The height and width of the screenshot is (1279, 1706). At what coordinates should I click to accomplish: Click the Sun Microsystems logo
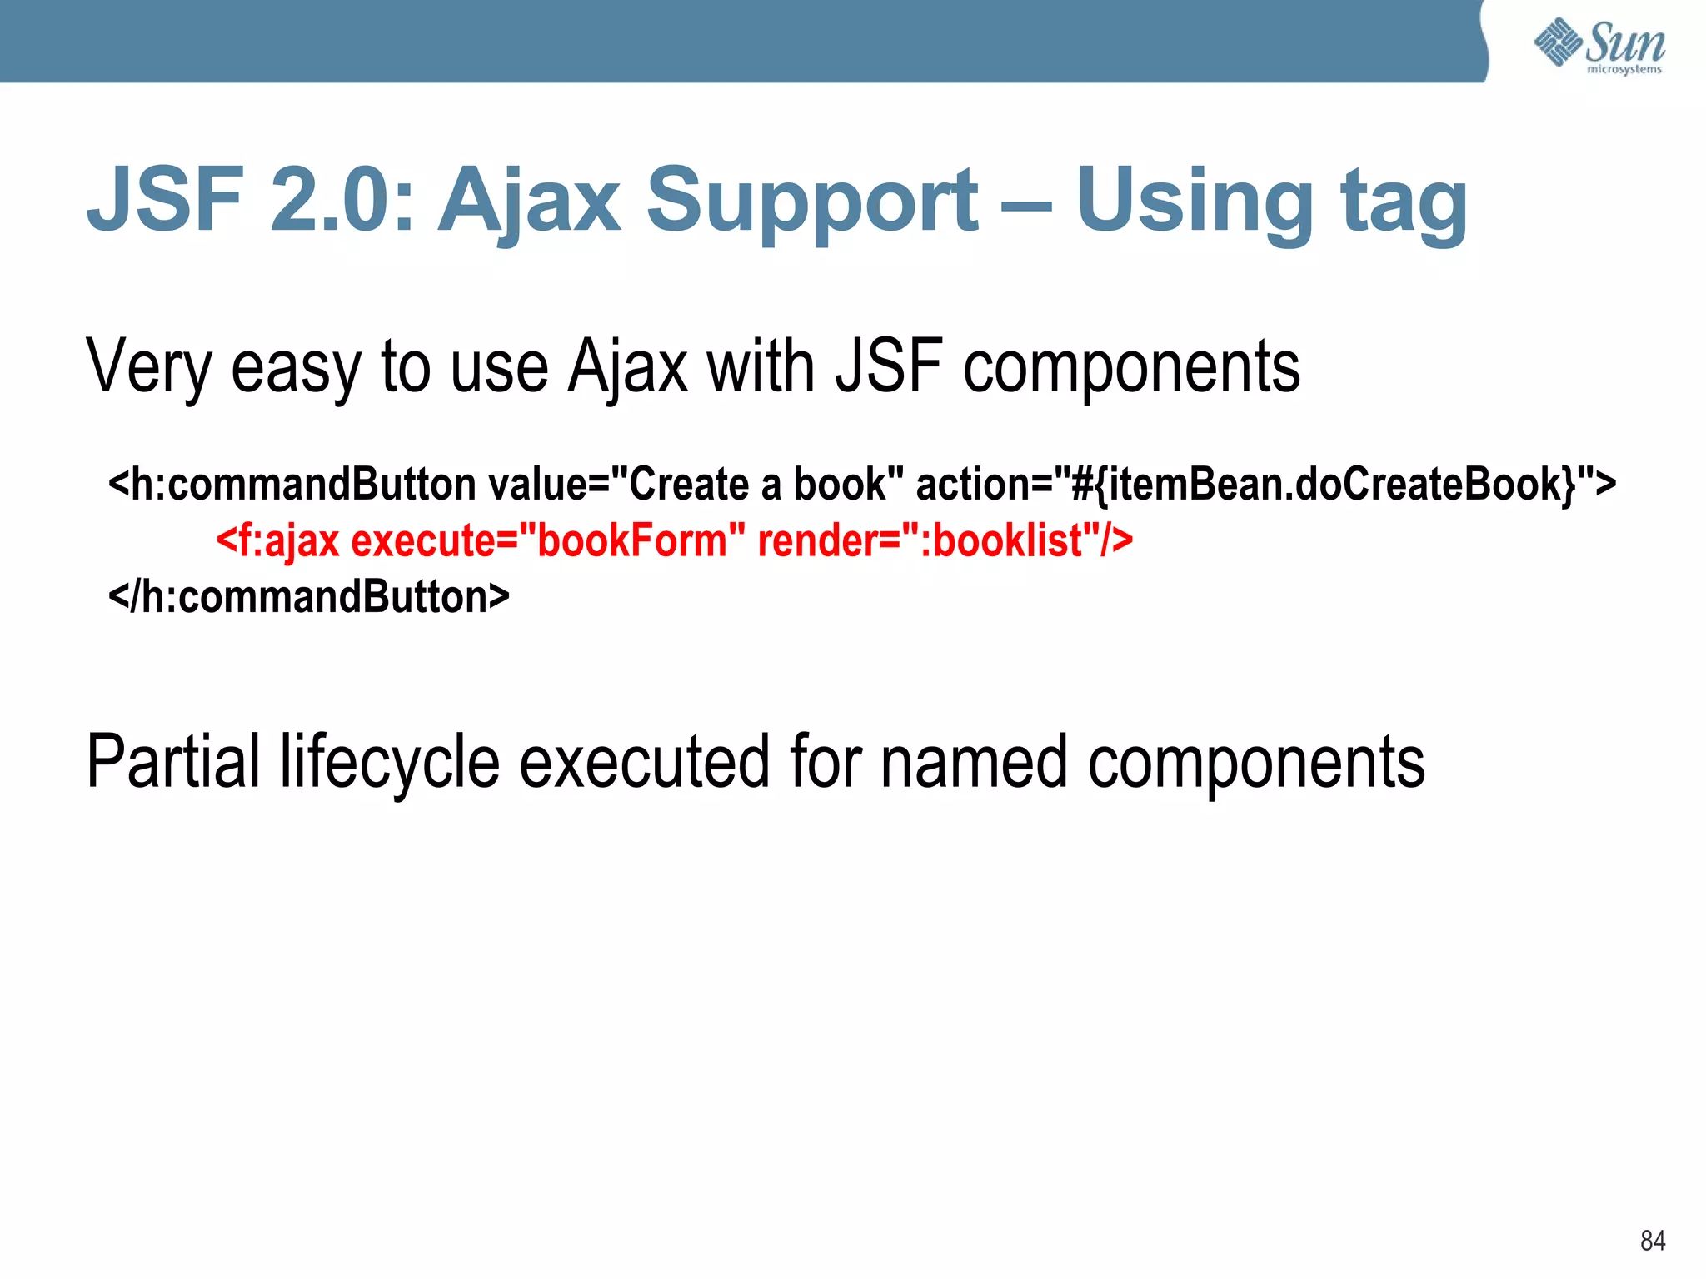click(1599, 46)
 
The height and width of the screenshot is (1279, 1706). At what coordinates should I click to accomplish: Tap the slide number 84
click(1652, 1241)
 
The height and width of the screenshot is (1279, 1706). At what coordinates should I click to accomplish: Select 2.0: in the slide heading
click(342, 200)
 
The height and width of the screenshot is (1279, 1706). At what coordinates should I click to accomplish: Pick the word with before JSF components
click(761, 366)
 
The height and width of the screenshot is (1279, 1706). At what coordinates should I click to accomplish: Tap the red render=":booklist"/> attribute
click(945, 541)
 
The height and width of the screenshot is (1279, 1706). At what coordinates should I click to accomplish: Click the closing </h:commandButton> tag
click(309, 597)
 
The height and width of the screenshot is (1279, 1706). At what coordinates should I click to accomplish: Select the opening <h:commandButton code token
click(292, 485)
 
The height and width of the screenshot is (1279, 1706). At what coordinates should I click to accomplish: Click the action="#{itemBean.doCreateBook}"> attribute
click(1265, 485)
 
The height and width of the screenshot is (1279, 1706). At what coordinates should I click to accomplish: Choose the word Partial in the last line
click(173, 762)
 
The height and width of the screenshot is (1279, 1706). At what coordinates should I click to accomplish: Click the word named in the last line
click(973, 762)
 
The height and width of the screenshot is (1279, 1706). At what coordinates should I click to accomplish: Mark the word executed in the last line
click(644, 762)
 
